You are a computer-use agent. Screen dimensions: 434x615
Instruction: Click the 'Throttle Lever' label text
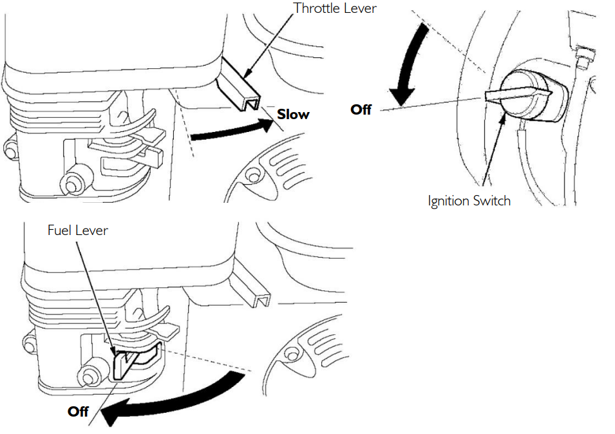click(335, 8)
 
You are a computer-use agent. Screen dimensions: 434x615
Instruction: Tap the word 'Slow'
click(293, 115)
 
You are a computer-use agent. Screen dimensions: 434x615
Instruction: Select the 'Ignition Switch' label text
click(469, 201)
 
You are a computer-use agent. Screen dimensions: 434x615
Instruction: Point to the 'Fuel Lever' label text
click(77, 230)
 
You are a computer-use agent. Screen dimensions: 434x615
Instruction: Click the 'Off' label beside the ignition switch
click(361, 109)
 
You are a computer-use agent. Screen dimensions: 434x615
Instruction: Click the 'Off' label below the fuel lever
click(78, 411)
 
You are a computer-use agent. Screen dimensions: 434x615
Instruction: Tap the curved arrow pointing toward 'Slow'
click(232, 131)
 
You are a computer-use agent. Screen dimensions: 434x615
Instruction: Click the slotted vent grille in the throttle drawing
click(270, 167)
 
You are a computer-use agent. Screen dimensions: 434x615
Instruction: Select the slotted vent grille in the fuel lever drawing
click(309, 341)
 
